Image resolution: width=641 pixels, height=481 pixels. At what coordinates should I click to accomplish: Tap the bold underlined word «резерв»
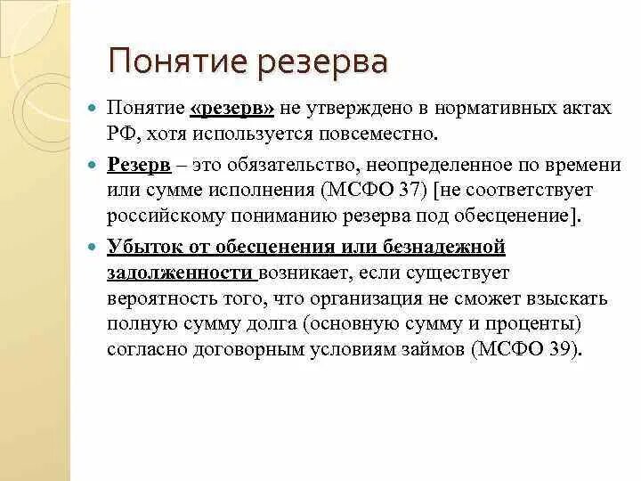click(231, 108)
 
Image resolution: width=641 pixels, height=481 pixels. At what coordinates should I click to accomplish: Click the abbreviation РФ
click(119, 134)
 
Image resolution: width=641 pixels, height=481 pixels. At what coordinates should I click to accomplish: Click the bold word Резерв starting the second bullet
click(134, 164)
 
